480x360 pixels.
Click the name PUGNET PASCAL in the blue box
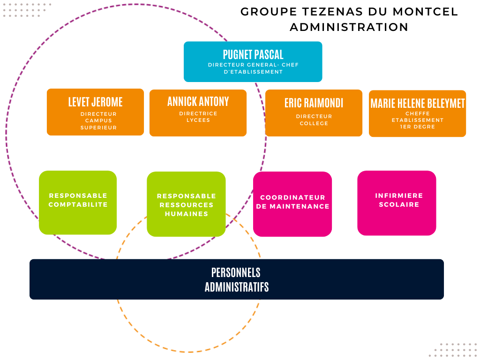(x=253, y=54)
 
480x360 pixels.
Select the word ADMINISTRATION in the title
(x=349, y=27)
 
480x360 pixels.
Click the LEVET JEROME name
(x=95, y=102)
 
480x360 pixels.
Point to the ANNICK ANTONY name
(x=198, y=101)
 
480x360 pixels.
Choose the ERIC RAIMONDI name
(x=314, y=103)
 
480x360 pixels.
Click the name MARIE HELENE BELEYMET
(x=417, y=103)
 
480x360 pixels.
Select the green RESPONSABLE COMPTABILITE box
(x=78, y=202)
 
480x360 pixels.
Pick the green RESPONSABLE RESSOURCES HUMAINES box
(x=186, y=204)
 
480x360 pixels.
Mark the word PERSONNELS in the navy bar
(x=236, y=272)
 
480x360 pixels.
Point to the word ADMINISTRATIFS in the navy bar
(x=237, y=287)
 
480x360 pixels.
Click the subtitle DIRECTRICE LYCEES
(x=198, y=117)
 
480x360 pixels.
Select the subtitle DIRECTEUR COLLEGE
(x=314, y=120)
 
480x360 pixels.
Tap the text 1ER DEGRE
(x=417, y=127)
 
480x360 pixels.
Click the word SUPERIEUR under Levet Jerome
(x=98, y=127)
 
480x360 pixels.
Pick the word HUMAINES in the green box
(x=186, y=214)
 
